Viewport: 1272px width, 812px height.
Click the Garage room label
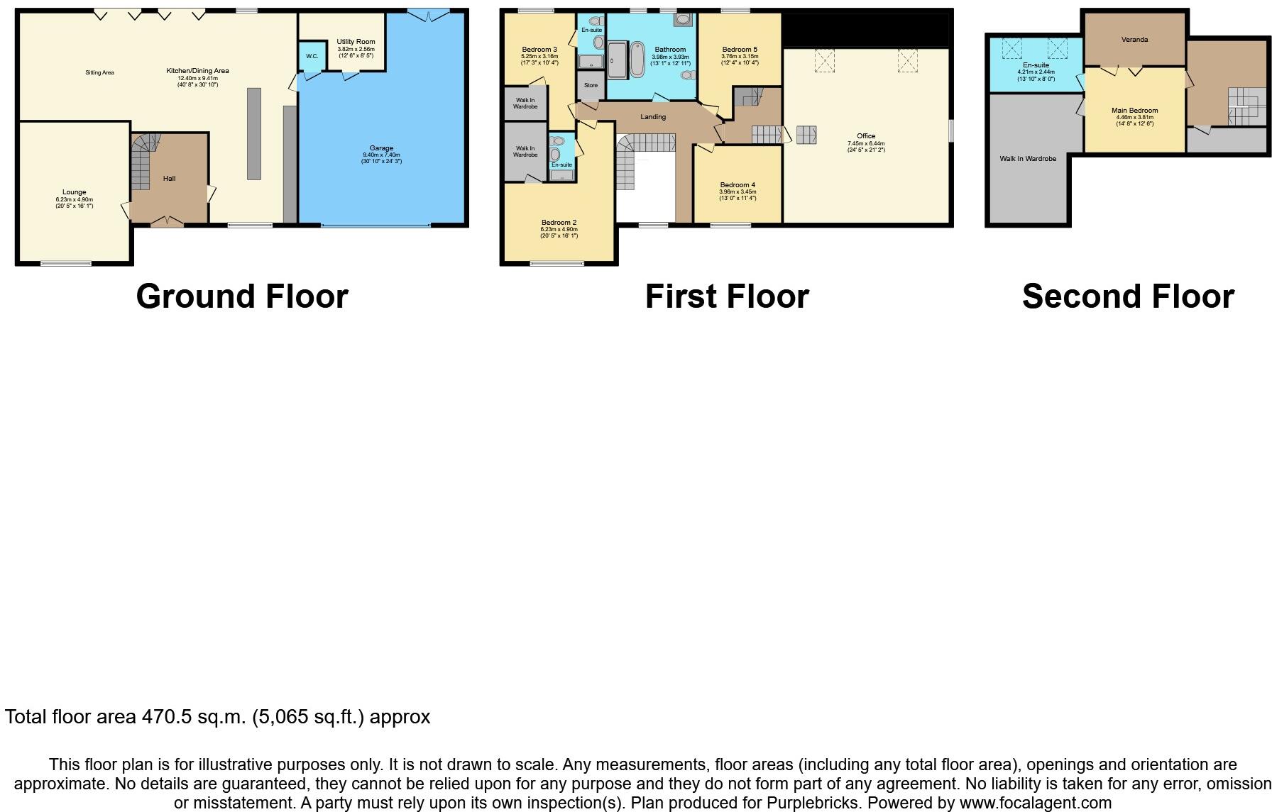[x=381, y=148]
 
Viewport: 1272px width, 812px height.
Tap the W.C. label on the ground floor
[x=312, y=56]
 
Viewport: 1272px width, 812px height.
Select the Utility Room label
[x=356, y=42]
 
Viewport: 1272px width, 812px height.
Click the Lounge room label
[x=74, y=192]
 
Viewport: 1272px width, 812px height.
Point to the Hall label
[x=169, y=179]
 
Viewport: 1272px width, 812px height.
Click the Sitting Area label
[x=99, y=72]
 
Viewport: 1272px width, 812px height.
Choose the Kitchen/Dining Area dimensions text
[x=197, y=81]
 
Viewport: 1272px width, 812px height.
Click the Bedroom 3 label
[x=539, y=50]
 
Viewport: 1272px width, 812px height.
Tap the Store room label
[x=591, y=85]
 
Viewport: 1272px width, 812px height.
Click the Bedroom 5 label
[x=740, y=50]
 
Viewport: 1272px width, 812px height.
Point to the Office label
[x=866, y=136]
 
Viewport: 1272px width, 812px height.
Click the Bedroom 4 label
[x=738, y=185]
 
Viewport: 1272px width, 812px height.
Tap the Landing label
[x=653, y=117]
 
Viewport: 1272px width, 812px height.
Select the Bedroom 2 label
[x=559, y=223]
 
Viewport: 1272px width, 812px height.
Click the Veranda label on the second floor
[x=1134, y=40]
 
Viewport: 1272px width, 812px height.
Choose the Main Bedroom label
[x=1134, y=111]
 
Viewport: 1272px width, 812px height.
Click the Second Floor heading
[x=1128, y=296]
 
